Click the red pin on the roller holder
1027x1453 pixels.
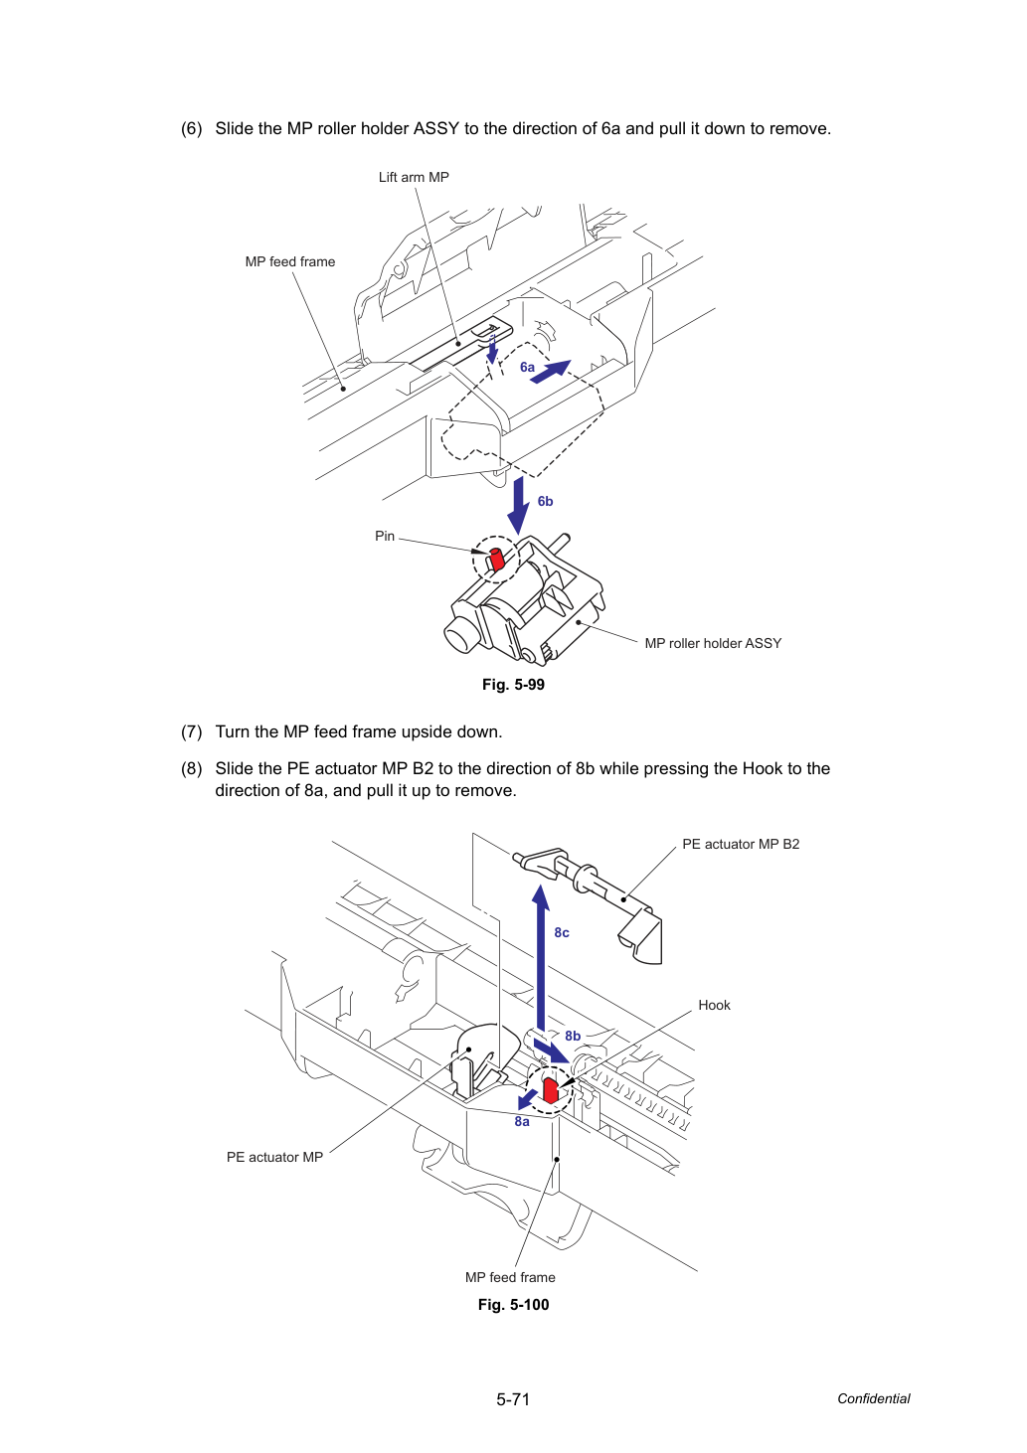497,560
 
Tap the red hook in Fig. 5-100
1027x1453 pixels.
550,1090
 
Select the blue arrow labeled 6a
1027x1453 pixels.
550,372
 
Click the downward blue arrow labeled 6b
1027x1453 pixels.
518,506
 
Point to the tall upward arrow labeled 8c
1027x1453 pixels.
541,958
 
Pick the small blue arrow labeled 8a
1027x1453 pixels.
527,1099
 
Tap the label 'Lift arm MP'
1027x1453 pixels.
414,177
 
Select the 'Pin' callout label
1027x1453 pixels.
385,536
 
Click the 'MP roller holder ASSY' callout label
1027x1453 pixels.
713,643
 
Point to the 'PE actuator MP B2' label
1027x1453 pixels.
741,844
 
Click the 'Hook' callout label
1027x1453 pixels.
714,1005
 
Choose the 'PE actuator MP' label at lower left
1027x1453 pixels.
274,1157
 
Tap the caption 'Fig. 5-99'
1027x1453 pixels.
513,685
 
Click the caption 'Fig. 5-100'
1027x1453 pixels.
513,1305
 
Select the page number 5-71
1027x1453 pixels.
513,1399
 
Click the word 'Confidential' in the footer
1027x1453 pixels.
873,1399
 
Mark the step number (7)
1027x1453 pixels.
192,731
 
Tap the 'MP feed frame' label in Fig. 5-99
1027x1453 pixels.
290,261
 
